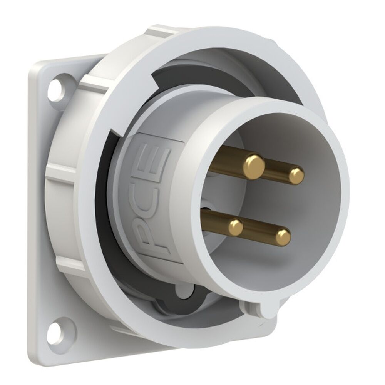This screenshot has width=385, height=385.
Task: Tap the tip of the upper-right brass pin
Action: click(x=296, y=176)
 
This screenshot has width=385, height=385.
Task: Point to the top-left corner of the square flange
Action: click(x=37, y=64)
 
